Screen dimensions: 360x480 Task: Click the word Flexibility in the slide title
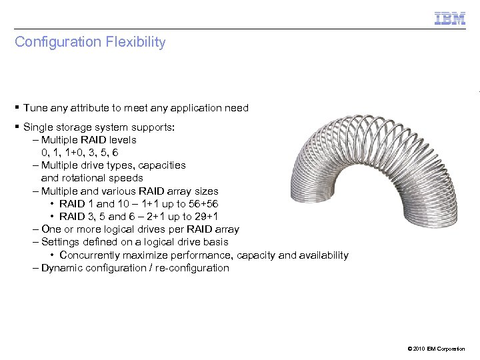[135, 42]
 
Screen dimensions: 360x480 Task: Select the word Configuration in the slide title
[57, 42]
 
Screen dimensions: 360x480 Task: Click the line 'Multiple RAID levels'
[89, 140]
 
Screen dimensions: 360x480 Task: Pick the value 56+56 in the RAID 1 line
[204, 204]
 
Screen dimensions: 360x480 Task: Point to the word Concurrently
[91, 255]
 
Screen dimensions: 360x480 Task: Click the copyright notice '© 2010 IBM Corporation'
[434, 349]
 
